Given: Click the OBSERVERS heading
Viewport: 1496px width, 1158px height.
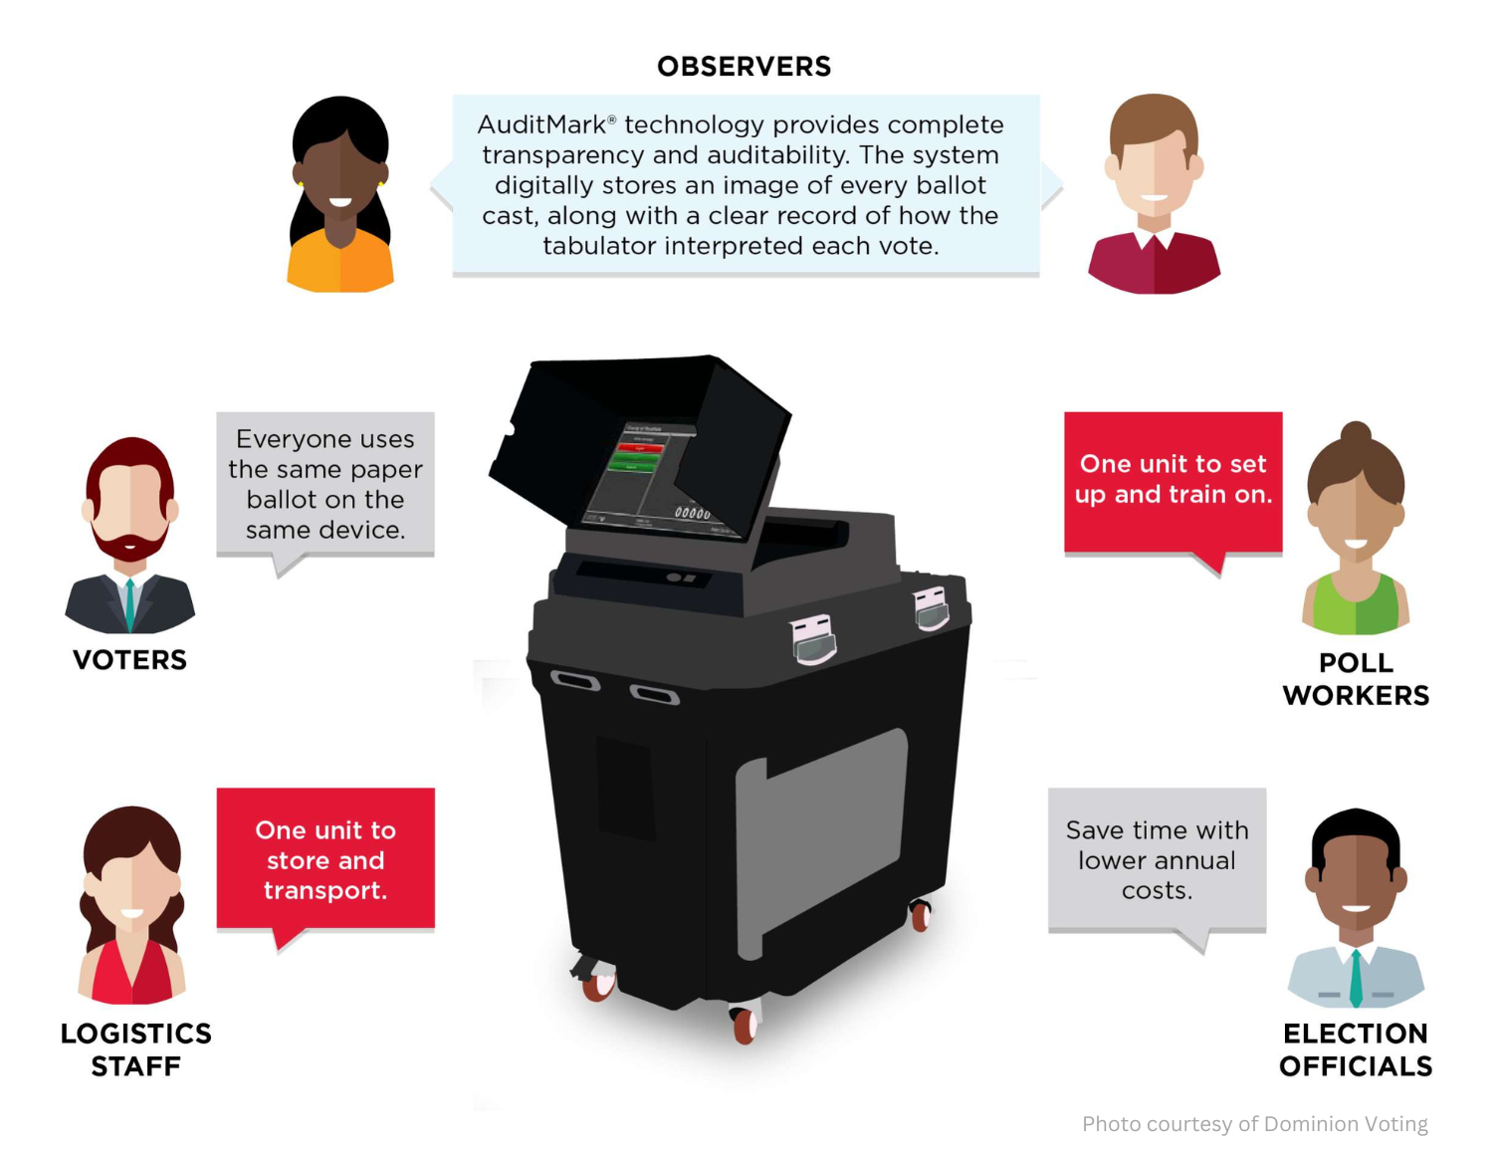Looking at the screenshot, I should [x=744, y=67].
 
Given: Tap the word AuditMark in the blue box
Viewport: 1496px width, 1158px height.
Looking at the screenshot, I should [x=541, y=125].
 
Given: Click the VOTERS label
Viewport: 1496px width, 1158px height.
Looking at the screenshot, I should [x=129, y=660].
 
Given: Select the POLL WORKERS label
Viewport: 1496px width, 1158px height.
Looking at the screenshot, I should [x=1356, y=679].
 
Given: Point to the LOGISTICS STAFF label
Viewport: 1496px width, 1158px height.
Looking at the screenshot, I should [x=136, y=1049].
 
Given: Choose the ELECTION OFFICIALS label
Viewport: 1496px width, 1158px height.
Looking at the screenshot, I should [x=1356, y=1049].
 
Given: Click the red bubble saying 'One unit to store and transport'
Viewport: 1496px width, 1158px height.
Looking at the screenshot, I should [x=325, y=859].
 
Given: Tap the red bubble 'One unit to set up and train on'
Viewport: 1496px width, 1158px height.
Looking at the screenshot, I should [x=1173, y=481].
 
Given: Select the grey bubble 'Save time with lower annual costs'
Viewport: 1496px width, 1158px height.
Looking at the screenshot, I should [x=1157, y=859].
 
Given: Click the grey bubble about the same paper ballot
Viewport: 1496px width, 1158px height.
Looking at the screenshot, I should [x=325, y=484].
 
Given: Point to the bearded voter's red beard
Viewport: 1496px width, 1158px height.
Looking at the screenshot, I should [x=129, y=547].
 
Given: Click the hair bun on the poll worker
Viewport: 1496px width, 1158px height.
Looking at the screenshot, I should [x=1355, y=433].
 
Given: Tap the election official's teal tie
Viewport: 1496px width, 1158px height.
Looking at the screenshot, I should [x=1356, y=980].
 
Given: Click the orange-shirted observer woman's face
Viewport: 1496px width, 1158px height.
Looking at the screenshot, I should [x=340, y=184].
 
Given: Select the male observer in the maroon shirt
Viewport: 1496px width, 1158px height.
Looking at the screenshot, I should [x=1154, y=194].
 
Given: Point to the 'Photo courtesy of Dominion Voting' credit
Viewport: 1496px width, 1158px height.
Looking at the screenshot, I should [x=1254, y=1124].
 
